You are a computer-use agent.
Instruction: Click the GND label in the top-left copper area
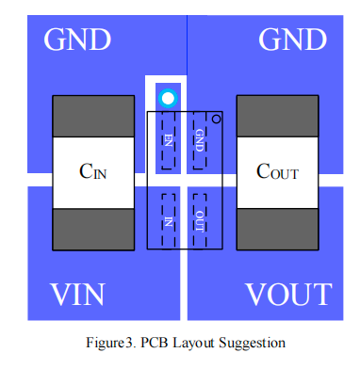(77, 40)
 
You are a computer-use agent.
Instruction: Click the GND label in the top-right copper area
(292, 40)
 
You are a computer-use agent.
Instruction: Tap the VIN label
(77, 295)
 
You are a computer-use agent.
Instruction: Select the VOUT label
(288, 295)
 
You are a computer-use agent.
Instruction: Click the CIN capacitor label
(93, 171)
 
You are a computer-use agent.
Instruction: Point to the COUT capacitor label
(277, 171)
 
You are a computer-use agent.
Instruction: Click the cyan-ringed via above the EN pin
(168, 98)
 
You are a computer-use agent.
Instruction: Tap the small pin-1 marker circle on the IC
(216, 120)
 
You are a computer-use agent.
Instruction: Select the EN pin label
(169, 140)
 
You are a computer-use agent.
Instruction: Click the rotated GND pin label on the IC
(200, 140)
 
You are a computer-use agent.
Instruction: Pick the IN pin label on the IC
(169, 222)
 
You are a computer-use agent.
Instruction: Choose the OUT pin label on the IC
(200, 221)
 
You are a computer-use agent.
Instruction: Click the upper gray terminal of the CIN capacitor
(93, 117)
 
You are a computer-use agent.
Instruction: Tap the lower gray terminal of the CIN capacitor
(93, 230)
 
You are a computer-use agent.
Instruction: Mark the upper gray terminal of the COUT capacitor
(278, 117)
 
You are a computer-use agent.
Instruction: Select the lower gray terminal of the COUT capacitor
(278, 230)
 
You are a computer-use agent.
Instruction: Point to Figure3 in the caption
(109, 343)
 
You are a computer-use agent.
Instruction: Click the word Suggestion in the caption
(253, 343)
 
